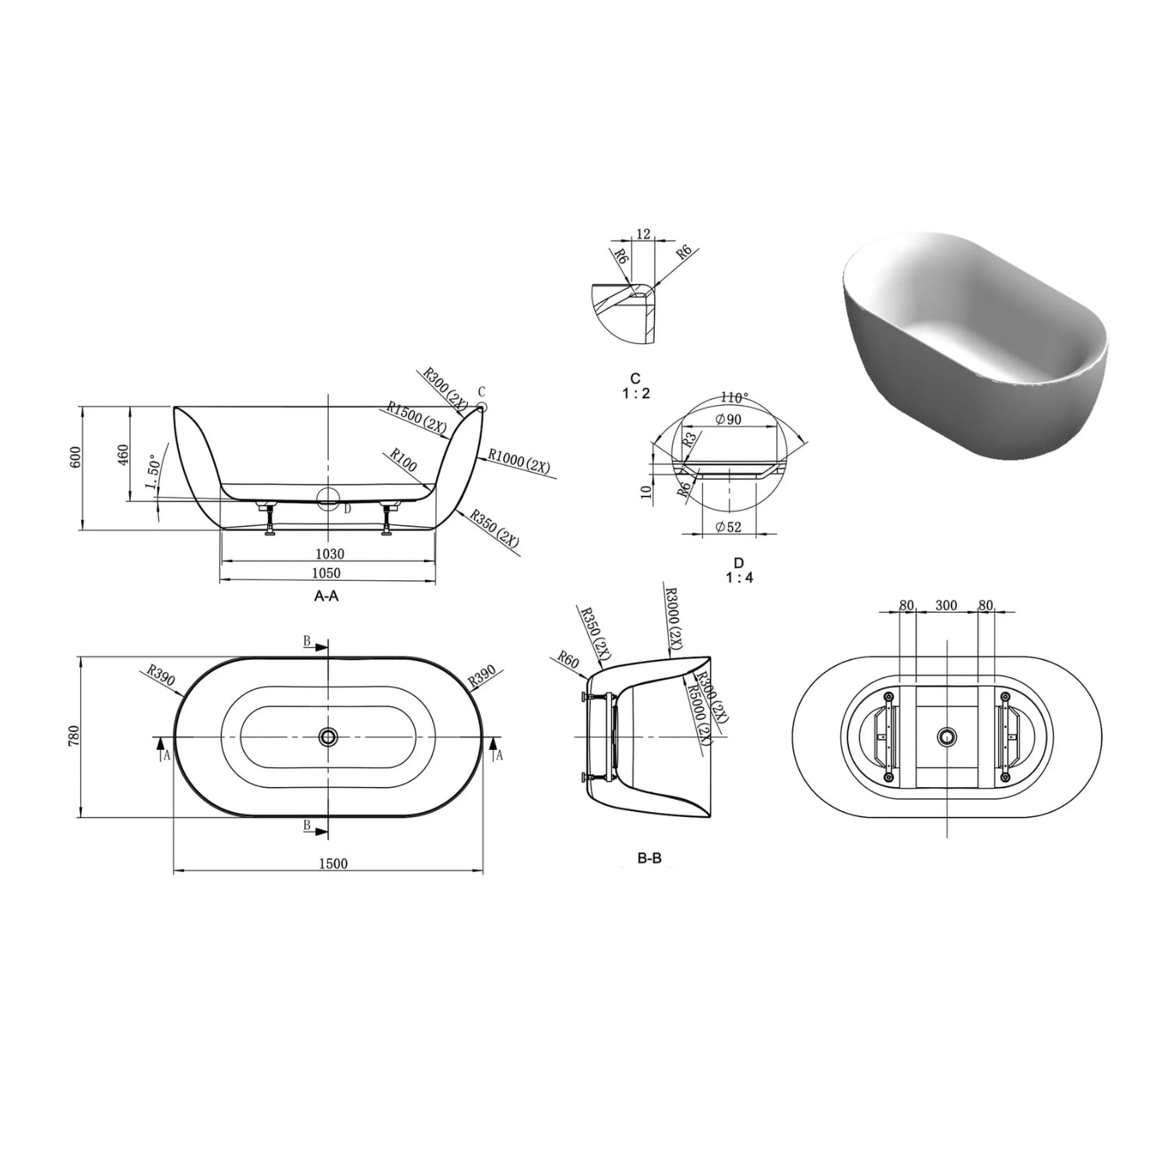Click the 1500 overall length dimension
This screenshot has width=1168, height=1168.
tap(332, 863)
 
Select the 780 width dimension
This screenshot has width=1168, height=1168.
tap(74, 737)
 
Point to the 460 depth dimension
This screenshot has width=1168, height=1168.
tap(123, 455)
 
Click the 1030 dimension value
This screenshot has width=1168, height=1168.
tap(329, 554)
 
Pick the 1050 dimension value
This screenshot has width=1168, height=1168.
tap(326, 573)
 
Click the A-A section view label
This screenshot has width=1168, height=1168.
tap(326, 596)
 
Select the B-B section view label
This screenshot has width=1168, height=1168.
tap(649, 859)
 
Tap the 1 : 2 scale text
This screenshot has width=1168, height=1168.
tap(636, 393)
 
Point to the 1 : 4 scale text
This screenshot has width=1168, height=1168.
tap(739, 578)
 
